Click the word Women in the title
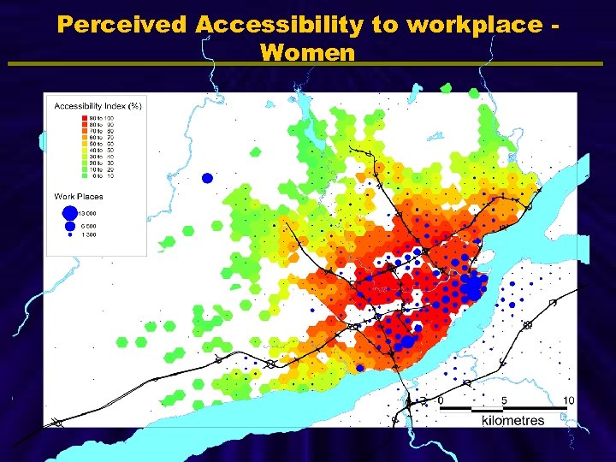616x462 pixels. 307,53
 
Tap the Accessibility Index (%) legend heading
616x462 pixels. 98,106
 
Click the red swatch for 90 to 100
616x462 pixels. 85,117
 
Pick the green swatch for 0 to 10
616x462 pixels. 85,175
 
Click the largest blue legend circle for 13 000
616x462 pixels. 68,211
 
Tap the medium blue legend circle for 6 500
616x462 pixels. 68,225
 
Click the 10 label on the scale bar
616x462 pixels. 569,400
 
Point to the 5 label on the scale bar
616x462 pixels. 505,400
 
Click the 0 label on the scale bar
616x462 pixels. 440,400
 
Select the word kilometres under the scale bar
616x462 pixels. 512,420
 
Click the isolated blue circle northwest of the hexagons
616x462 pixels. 206,178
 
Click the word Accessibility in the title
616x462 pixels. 280,25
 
